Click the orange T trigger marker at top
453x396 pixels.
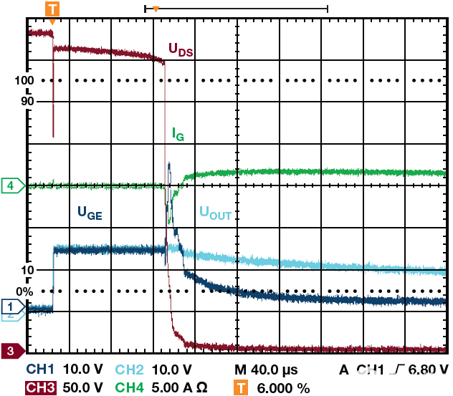click(x=52, y=9)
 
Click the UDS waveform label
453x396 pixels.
click(x=181, y=49)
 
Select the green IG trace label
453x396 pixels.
click(x=178, y=133)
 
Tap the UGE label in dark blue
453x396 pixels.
click(x=90, y=212)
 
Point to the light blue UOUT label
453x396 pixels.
click(x=214, y=213)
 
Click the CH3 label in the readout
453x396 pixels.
click(x=42, y=387)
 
